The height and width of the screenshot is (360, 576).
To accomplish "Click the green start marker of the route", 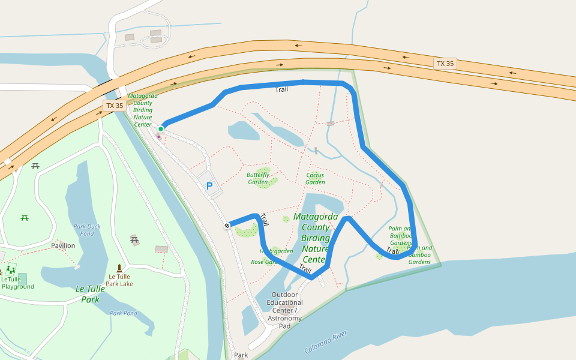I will pyautogui.click(x=161, y=128).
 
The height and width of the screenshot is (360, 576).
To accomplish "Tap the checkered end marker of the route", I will pyautogui.click(x=227, y=226).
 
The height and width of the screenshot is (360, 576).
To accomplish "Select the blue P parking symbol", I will pyautogui.click(x=209, y=186).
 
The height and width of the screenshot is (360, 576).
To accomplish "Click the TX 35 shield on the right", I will pyautogui.click(x=445, y=64).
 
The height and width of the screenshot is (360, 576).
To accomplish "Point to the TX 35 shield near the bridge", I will pyautogui.click(x=114, y=106).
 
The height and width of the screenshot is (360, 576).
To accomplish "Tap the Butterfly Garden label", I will pyautogui.click(x=258, y=178).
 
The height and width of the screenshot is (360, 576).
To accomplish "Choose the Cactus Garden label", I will pyautogui.click(x=315, y=178).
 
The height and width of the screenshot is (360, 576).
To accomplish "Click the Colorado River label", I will pyautogui.click(x=326, y=341).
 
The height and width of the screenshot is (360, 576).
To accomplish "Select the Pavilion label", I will pyautogui.click(x=63, y=245).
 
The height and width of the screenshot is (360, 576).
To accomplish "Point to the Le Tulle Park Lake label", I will pyautogui.click(x=119, y=280).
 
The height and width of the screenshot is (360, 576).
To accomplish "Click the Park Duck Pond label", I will pyautogui.click(x=88, y=230).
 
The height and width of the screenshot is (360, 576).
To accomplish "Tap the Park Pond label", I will pyautogui.click(x=124, y=313).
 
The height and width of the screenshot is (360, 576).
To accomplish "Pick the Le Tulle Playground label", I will pyautogui.click(x=17, y=283).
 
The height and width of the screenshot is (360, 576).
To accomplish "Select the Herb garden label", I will pyautogui.click(x=276, y=251).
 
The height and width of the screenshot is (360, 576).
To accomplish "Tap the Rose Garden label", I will pyautogui.click(x=263, y=262).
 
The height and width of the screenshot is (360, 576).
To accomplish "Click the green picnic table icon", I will pyautogui.click(x=25, y=217).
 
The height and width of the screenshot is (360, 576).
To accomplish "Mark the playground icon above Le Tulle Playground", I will pyautogui.click(x=10, y=269).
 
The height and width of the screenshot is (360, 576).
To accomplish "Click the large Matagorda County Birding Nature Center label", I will pyautogui.click(x=316, y=238).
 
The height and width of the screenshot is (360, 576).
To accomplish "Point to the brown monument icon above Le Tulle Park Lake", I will pyautogui.click(x=119, y=268).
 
